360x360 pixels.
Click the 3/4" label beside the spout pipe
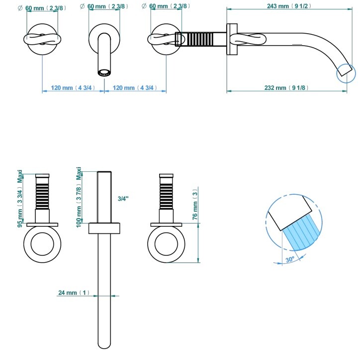click(x=123, y=199)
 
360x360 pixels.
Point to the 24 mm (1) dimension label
click(x=74, y=293)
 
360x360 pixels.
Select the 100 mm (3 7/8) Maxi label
click(x=79, y=198)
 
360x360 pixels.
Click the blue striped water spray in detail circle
click(x=300, y=232)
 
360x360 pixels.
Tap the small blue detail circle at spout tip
click(x=347, y=72)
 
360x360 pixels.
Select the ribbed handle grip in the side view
click(x=201, y=39)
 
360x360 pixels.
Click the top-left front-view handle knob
click(x=42, y=39)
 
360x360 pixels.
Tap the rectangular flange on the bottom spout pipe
click(x=104, y=228)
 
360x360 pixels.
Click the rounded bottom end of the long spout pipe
click(x=104, y=345)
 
